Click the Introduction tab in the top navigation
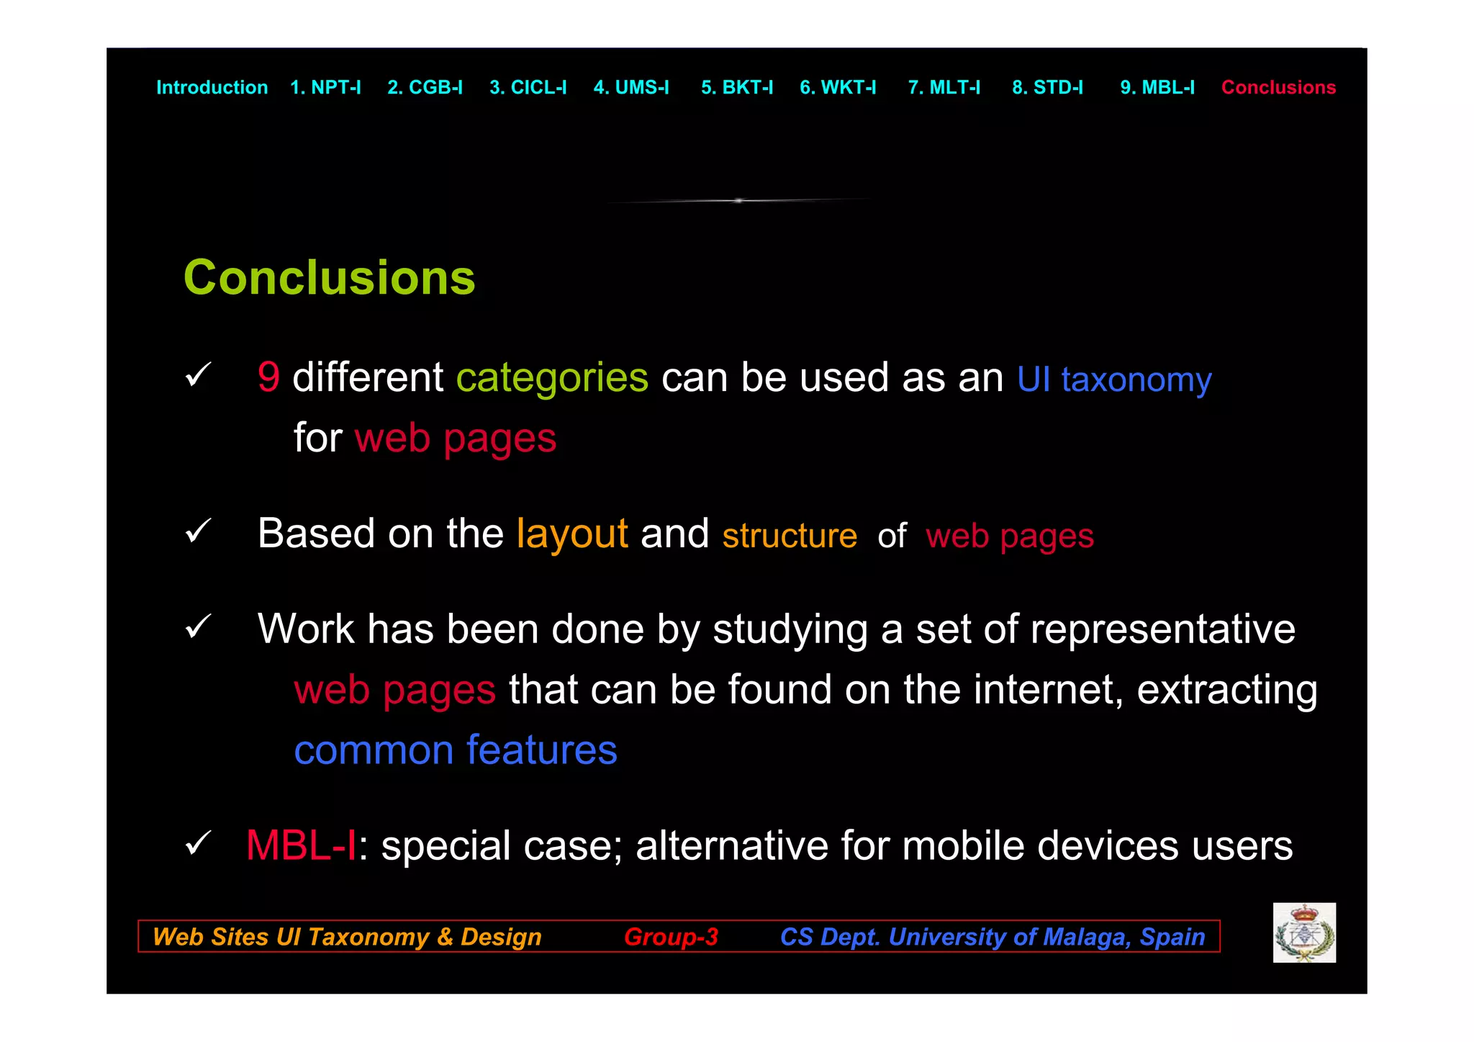pyautogui.click(x=212, y=88)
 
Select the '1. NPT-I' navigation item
pyautogui.click(x=325, y=88)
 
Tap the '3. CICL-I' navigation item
pyautogui.click(x=528, y=88)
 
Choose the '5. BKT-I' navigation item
pyautogui.click(x=736, y=88)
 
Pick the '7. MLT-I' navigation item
pyautogui.click(x=944, y=88)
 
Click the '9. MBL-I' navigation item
pyautogui.click(x=1157, y=88)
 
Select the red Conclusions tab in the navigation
pyautogui.click(x=1278, y=88)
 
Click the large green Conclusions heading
pyautogui.click(x=329, y=277)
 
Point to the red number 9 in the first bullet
pyautogui.click(x=268, y=377)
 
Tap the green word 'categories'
pyautogui.click(x=552, y=378)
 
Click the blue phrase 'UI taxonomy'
pyautogui.click(x=1114, y=379)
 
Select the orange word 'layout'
pyautogui.click(x=572, y=534)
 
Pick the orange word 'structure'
pyautogui.click(x=790, y=536)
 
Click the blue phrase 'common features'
pyautogui.click(x=456, y=750)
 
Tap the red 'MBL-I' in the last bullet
pyautogui.click(x=301, y=845)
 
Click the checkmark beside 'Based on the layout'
pyautogui.click(x=198, y=531)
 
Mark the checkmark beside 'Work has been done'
pyautogui.click(x=198, y=626)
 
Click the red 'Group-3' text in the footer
pyautogui.click(x=671, y=936)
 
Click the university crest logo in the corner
pyautogui.click(x=1304, y=933)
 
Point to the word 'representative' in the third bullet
pyautogui.click(x=1162, y=629)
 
